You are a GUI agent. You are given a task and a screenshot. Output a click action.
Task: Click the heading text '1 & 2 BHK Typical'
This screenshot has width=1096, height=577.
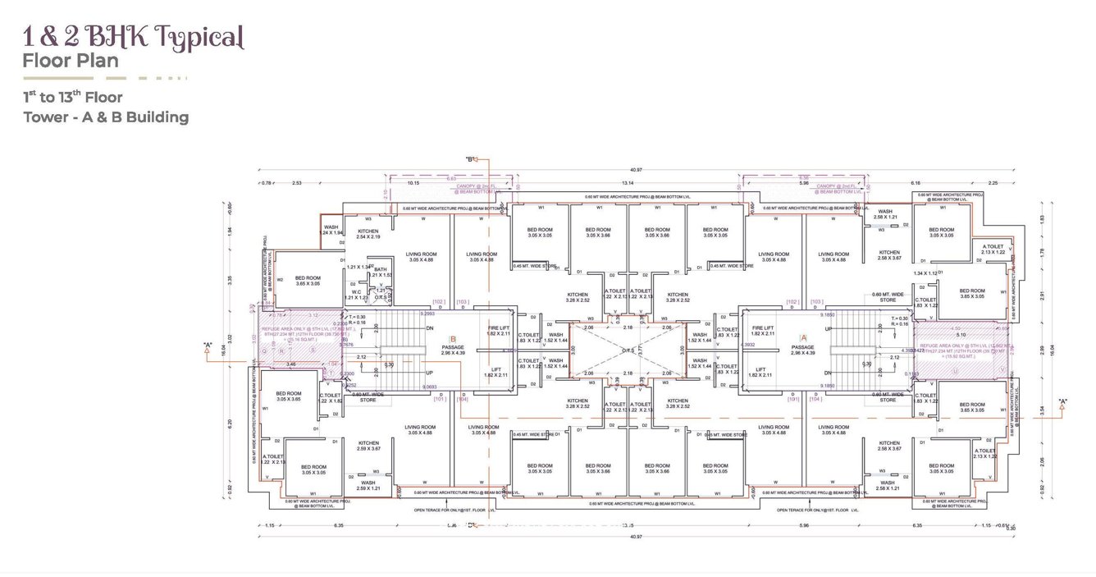pos(133,38)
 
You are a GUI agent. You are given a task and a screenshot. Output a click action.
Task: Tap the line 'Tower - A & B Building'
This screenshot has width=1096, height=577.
pos(106,117)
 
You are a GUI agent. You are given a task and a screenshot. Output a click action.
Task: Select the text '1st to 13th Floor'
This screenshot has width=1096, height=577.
pos(73,97)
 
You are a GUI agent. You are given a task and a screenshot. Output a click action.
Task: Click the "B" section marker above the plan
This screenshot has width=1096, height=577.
pos(471,159)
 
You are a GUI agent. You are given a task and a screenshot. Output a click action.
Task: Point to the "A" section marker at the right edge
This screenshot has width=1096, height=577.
pos(1063,402)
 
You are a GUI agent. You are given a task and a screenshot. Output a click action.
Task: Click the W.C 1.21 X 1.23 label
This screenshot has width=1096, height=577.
pos(357,294)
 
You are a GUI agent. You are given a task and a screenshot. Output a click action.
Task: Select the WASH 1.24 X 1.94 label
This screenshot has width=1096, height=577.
pos(331,230)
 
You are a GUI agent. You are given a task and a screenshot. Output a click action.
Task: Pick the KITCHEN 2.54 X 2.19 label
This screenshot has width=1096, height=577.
pos(368,234)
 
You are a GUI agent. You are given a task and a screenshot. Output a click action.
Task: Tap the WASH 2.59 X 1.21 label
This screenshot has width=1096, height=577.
pos(368,485)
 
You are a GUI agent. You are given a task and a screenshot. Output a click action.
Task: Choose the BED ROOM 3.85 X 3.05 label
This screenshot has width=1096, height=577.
pos(972,293)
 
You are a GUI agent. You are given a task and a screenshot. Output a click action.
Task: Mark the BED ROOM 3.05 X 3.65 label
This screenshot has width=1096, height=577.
pos(289,396)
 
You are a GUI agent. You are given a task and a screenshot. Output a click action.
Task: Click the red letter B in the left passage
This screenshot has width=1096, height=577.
pos(452,338)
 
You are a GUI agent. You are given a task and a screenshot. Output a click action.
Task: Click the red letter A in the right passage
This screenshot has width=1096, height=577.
pos(803,337)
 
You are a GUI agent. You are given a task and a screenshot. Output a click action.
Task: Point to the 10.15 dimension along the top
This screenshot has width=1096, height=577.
pos(413,184)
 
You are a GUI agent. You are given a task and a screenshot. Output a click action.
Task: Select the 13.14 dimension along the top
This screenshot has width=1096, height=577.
pos(628,184)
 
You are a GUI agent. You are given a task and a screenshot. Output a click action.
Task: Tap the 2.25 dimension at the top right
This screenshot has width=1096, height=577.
pos(993,184)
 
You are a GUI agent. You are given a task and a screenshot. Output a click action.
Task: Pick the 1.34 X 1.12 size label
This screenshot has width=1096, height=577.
pos(924,272)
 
